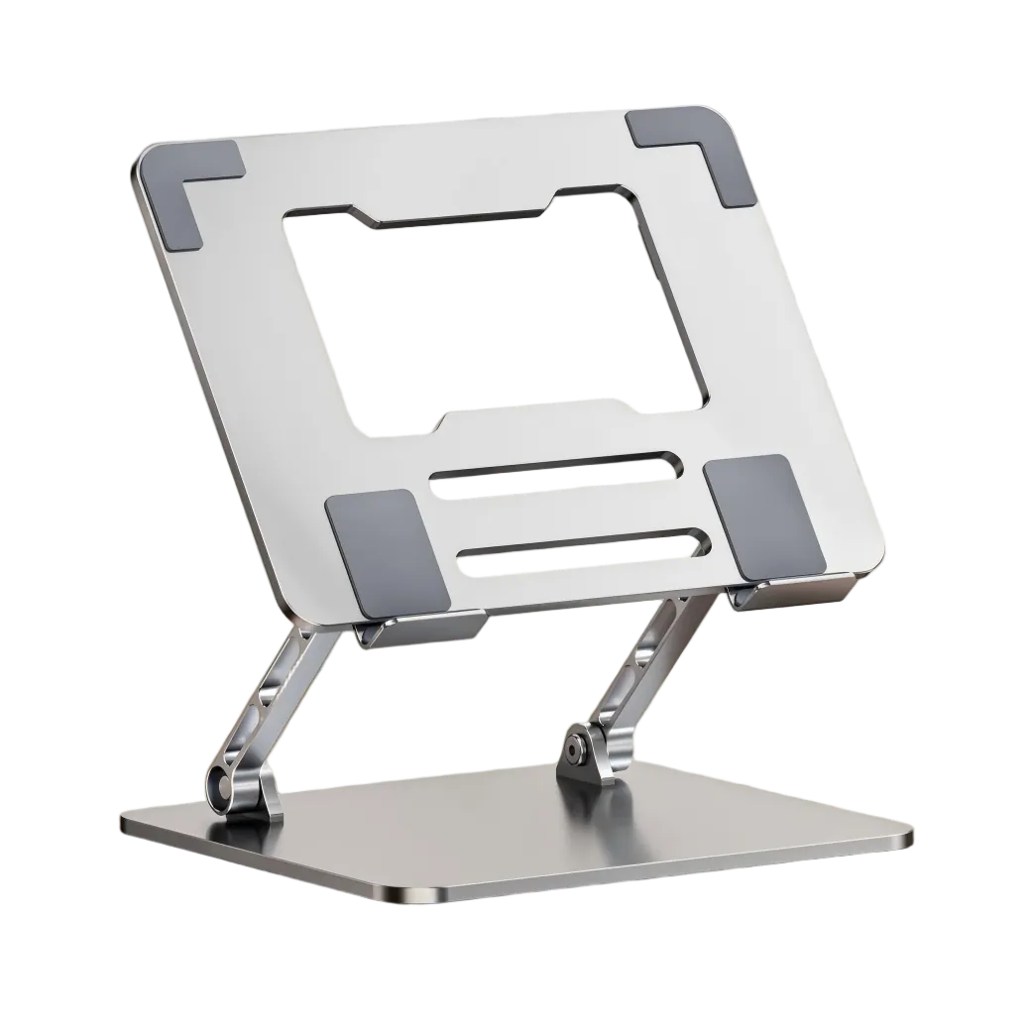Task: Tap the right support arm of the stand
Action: pyautogui.click(x=644, y=674)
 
